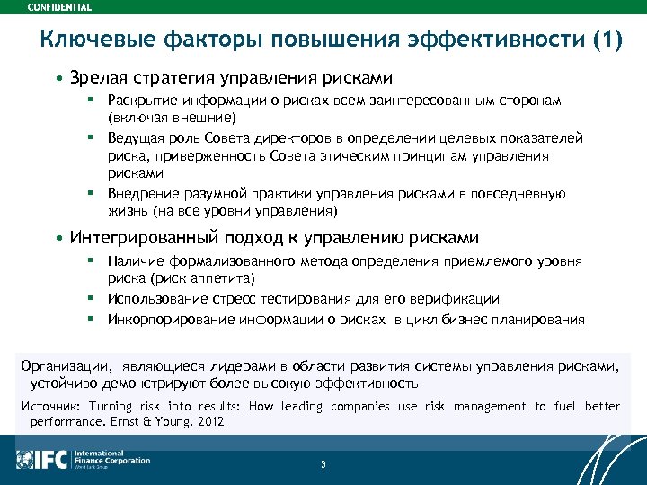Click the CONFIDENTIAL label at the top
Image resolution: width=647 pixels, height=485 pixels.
pos(59,6)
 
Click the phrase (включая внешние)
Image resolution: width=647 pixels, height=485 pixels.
pos(172,118)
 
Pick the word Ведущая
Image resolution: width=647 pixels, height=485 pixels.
pos(137,137)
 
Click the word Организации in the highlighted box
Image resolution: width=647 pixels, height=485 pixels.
pos(62,366)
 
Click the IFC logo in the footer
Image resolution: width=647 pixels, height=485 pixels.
pos(43,460)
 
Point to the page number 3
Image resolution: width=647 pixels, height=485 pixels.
pos(323,464)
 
